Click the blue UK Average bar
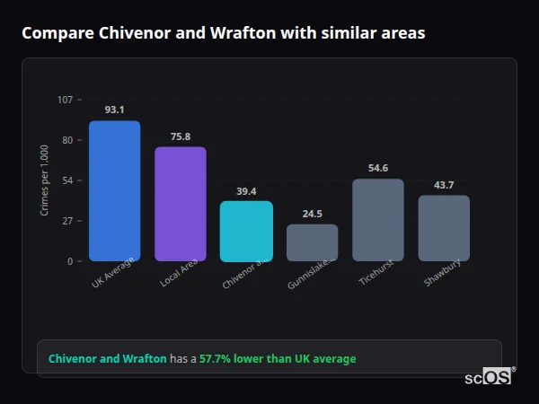[x=114, y=191]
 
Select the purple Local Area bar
[x=181, y=204]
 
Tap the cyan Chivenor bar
[x=246, y=231]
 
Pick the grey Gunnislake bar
[x=313, y=242]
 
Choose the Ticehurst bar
[x=378, y=220]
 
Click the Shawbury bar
[x=444, y=228]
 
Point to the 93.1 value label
[x=114, y=110]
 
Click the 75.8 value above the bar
[x=181, y=136]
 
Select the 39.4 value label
[x=246, y=191]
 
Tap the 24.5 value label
[x=313, y=214]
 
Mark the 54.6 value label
[x=378, y=168]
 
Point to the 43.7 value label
[x=444, y=185]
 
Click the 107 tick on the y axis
[x=65, y=99]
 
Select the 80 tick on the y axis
[x=66, y=140]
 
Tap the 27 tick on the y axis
[x=66, y=221]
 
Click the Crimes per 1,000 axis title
[x=45, y=180]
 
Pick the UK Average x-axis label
[x=112, y=274]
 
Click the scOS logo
[x=488, y=377]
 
